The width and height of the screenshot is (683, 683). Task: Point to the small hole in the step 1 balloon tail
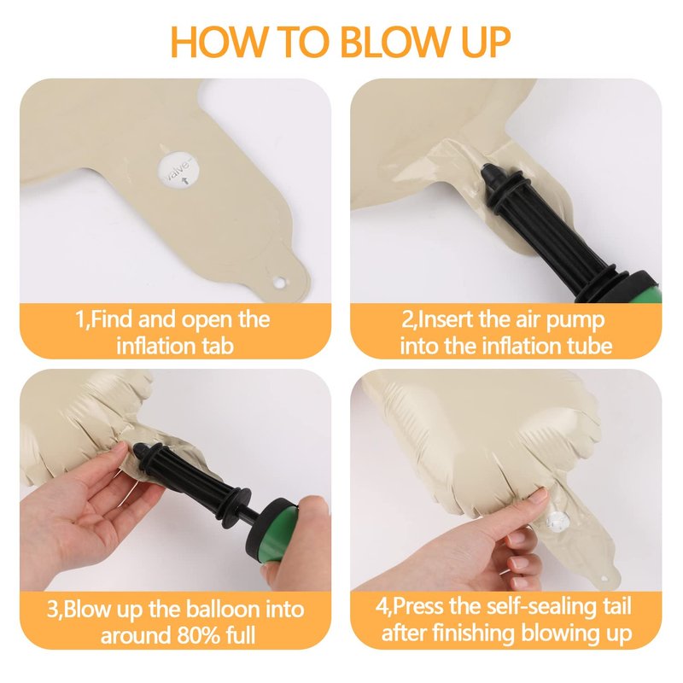(x=279, y=283)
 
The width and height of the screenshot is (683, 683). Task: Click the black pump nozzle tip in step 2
(x=488, y=172)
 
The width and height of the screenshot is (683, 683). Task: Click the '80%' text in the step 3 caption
(x=198, y=635)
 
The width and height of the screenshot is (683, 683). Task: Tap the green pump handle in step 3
(x=282, y=536)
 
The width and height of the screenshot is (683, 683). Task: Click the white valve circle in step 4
(x=558, y=521)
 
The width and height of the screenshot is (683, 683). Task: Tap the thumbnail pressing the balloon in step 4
(x=540, y=494)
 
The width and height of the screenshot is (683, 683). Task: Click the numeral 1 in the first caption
(x=79, y=319)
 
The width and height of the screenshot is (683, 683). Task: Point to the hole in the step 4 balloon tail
(x=604, y=579)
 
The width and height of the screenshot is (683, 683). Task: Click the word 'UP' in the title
(x=486, y=41)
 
